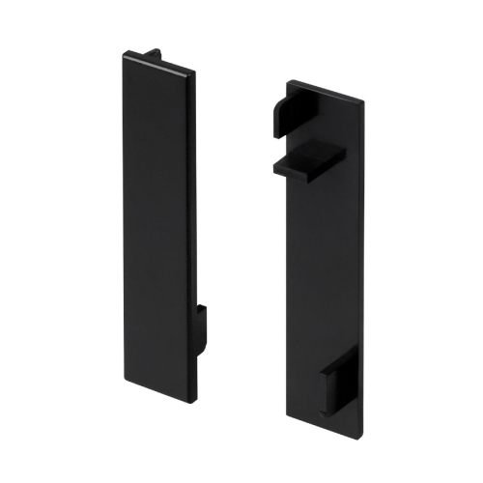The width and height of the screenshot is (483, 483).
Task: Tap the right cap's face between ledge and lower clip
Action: click(327, 270)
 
